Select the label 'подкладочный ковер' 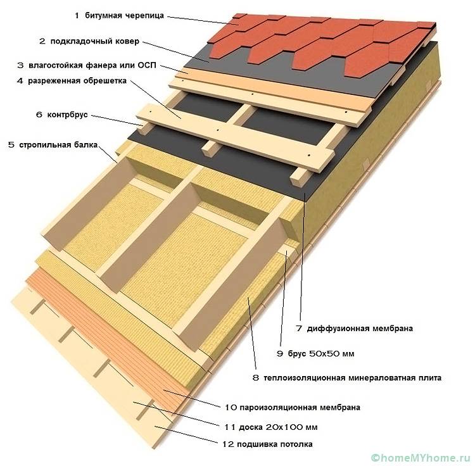94,41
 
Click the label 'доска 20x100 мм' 277,425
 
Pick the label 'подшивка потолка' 277,444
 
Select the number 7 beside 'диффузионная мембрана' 298,329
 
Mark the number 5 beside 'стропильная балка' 11,145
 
